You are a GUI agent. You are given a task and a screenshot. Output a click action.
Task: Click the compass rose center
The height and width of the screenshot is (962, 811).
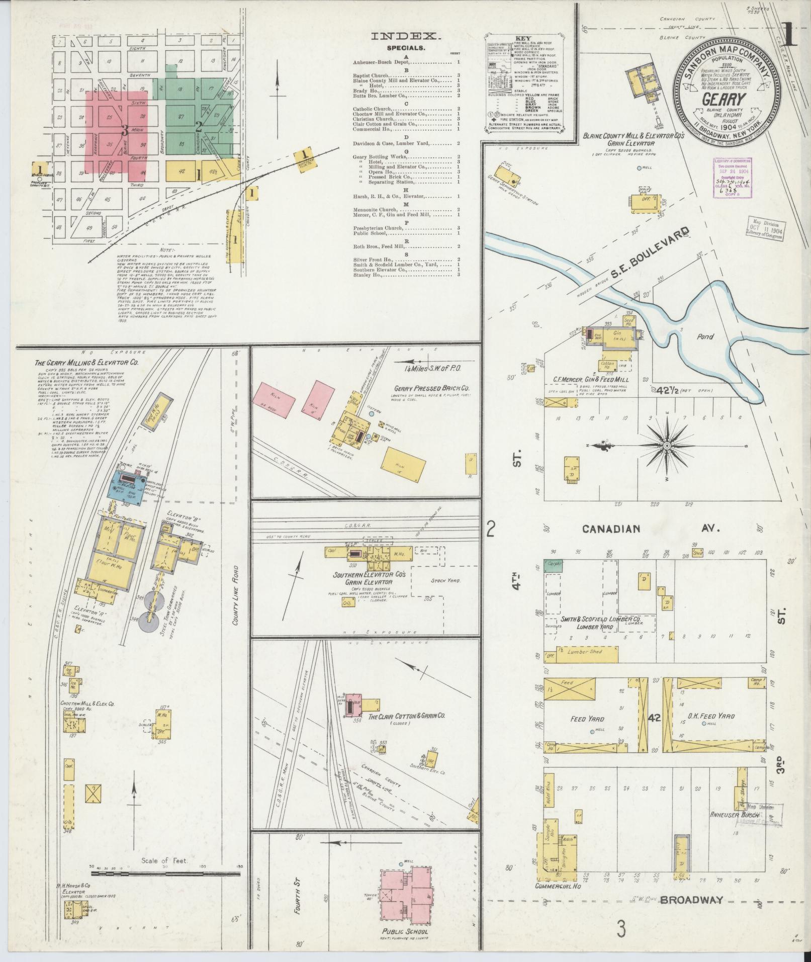[x=667, y=446]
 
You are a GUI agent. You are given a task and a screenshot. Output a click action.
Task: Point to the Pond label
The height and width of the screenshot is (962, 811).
[x=704, y=336]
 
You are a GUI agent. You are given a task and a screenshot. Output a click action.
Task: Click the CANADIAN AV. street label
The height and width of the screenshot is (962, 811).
[x=652, y=529]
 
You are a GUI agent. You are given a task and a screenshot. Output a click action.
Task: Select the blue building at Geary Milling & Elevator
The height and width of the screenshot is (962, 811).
[x=129, y=486]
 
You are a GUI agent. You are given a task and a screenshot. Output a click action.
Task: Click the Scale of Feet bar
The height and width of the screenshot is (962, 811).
[x=165, y=874]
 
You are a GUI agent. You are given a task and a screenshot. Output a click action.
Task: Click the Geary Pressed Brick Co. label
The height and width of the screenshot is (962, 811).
[x=432, y=389]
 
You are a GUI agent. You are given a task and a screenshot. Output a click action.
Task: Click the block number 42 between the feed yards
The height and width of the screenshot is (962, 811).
[x=654, y=717]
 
